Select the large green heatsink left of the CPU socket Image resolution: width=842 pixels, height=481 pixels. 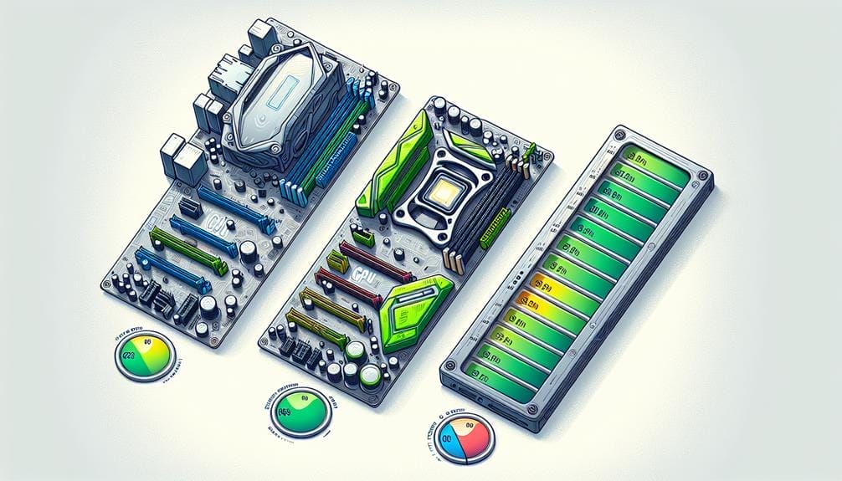387,168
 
